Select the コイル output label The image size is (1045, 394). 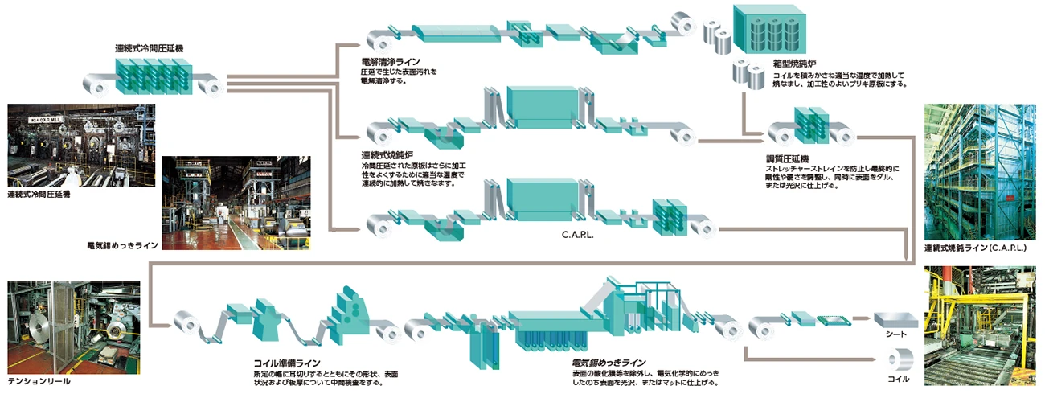pos(900,378)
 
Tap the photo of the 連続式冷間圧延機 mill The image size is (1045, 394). pos(80,146)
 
